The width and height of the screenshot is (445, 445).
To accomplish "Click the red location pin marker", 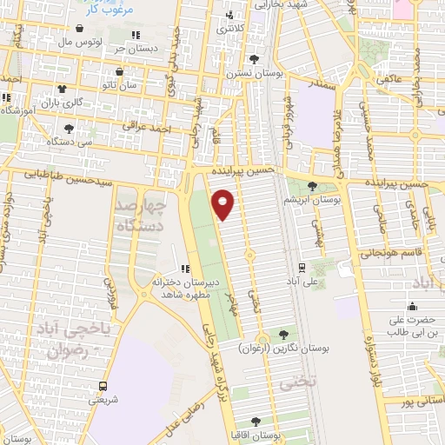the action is [225, 204].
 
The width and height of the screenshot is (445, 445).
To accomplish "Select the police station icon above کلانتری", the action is [229, 16].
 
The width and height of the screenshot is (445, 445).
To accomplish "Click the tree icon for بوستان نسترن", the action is [253, 58].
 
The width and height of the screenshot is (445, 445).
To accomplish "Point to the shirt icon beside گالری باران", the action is [61, 89].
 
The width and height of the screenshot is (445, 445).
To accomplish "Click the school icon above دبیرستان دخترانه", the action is [184, 269].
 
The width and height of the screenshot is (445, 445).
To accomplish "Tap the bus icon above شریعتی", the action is [103, 386].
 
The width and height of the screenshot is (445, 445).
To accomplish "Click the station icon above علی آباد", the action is [301, 267].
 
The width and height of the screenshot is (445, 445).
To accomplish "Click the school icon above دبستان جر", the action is [135, 35].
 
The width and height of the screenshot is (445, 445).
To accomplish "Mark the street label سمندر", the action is [323, 86].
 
